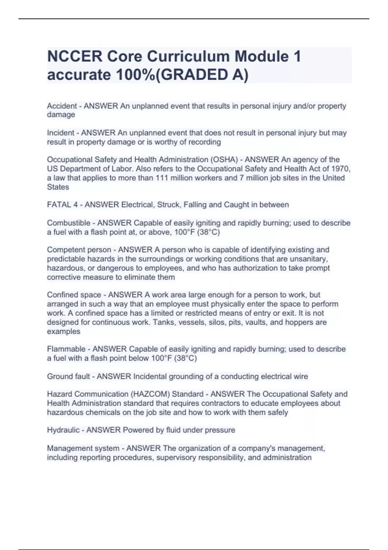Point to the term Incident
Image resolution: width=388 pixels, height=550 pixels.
click(61, 133)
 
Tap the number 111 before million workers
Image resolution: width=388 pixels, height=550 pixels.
click(162, 178)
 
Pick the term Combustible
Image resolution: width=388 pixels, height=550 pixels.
click(69, 223)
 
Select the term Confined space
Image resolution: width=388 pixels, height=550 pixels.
click(74, 295)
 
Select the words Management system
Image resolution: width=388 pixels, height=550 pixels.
click(83, 448)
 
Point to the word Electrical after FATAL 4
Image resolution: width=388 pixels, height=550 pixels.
click(137, 205)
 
